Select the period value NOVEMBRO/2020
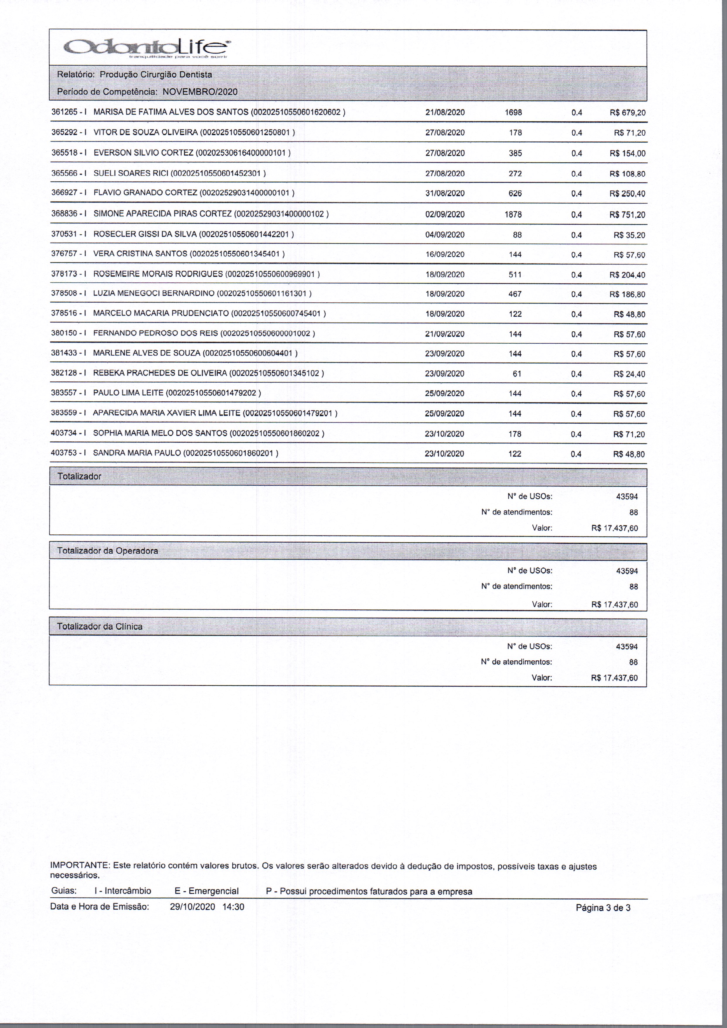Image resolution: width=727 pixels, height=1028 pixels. click(x=200, y=92)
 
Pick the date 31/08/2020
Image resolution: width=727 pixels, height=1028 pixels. click(x=445, y=193)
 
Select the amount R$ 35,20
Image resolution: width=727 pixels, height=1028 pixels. click(x=629, y=235)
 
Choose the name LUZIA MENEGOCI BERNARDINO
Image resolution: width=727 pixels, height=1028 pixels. click(x=154, y=294)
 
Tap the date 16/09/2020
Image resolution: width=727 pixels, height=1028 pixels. click(x=445, y=254)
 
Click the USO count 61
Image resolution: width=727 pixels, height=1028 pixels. click(x=517, y=374)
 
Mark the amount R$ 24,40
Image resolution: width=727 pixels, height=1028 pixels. click(x=629, y=374)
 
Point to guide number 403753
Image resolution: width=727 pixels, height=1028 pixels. click(x=64, y=453)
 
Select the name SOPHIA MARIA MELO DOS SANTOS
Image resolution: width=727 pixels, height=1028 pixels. click(x=160, y=433)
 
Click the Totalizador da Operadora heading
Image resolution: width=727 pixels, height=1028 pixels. click(x=108, y=551)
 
